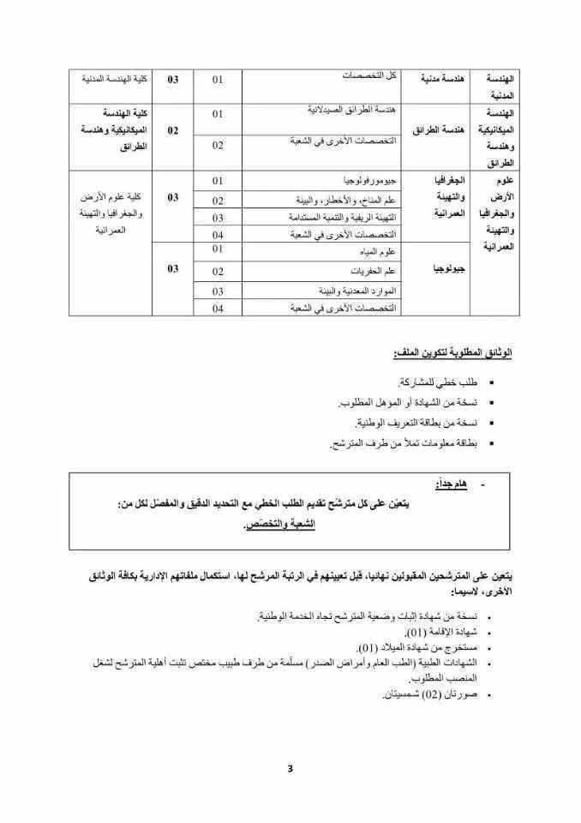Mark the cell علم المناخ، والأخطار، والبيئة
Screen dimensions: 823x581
point(346,200)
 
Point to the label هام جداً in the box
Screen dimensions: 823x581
point(449,485)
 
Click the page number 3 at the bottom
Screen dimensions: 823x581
point(290,768)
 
